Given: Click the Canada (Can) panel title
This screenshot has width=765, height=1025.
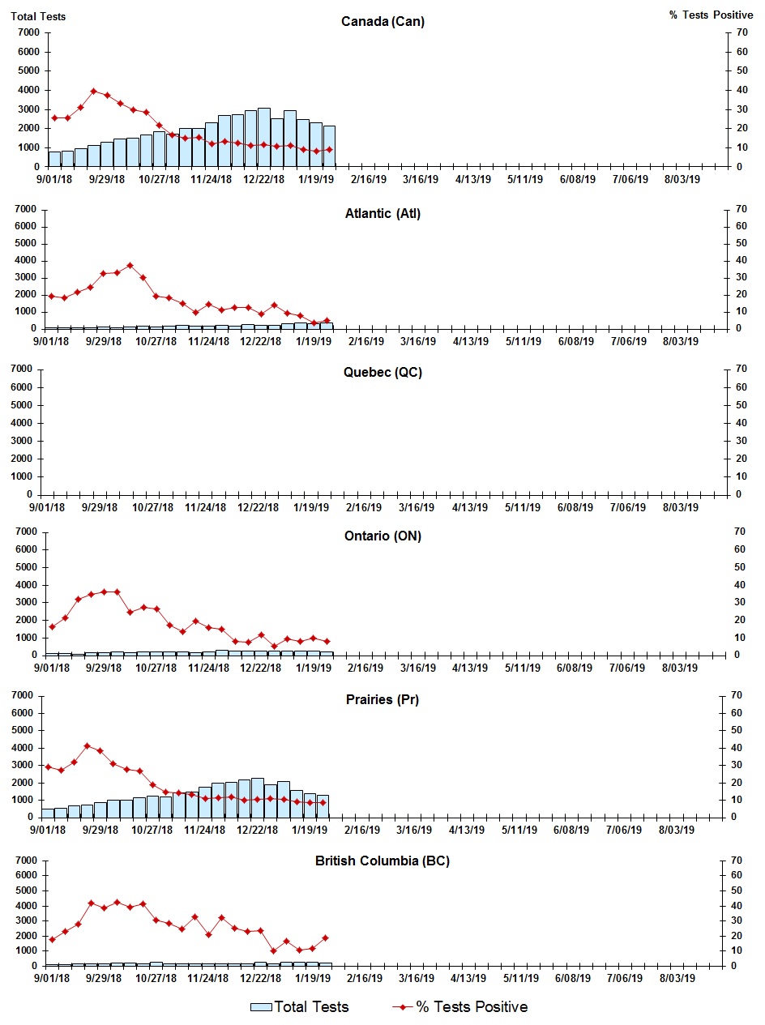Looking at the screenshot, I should (382, 21).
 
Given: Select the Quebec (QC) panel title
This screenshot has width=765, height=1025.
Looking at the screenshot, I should (382, 373).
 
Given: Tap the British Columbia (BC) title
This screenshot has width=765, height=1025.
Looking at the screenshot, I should (382, 861).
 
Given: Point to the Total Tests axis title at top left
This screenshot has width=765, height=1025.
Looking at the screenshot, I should (39, 15).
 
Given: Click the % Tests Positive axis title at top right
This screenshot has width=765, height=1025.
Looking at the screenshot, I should (711, 15).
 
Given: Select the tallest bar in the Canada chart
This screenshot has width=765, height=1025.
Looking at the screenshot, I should (264, 137).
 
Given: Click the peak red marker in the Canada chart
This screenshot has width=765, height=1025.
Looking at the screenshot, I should (94, 91).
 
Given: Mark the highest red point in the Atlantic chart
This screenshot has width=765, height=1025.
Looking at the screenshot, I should (130, 265).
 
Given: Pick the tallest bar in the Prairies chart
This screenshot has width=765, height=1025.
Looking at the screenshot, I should (258, 797).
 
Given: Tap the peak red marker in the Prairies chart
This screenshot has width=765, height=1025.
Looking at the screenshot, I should (88, 746).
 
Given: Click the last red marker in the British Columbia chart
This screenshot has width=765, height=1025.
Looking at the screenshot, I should (326, 937).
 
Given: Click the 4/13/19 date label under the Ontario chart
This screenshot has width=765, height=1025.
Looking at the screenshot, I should (470, 668).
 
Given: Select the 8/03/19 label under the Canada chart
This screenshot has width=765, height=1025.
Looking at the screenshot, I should (682, 180).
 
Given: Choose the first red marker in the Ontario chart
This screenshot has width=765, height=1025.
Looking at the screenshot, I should (52, 626).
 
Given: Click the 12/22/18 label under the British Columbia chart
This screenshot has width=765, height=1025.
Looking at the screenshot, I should (259, 978).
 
